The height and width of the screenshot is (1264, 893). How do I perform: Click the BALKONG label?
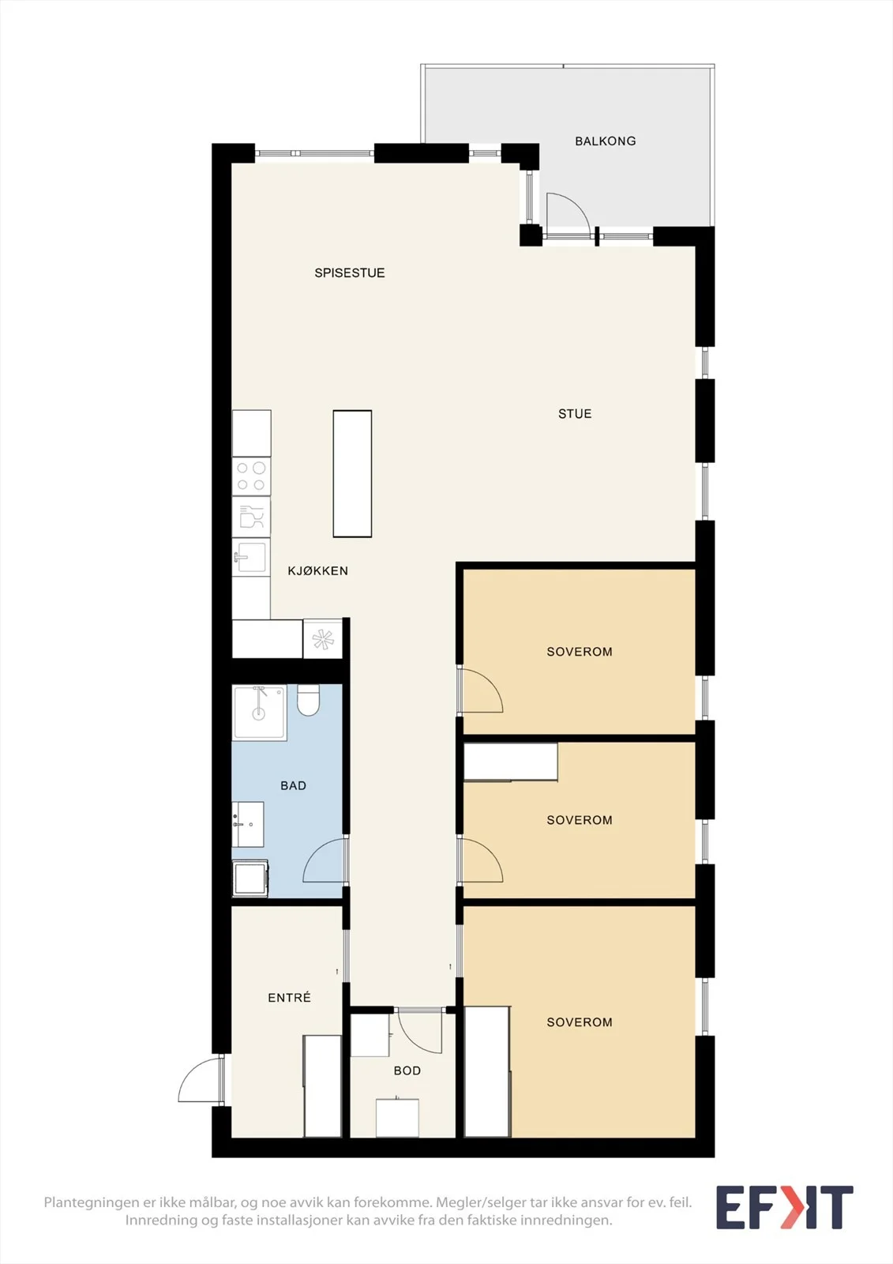(x=606, y=141)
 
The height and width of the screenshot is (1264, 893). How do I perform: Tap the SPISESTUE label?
(x=350, y=273)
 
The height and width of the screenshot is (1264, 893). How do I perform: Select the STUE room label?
(x=575, y=414)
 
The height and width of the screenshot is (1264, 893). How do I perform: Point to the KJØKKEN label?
(x=317, y=570)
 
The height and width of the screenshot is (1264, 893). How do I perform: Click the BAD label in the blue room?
(x=294, y=785)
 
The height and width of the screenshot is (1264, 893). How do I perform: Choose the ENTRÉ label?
(x=290, y=998)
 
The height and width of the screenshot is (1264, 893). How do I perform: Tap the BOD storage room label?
(x=407, y=1070)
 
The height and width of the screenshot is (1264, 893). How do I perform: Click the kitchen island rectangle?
(x=353, y=473)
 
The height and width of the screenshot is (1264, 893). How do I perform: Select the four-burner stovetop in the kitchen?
(x=251, y=476)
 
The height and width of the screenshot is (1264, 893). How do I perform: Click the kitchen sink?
(x=250, y=557)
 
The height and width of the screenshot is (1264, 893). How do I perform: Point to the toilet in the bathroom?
(x=308, y=700)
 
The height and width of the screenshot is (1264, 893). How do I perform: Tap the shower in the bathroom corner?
(x=260, y=713)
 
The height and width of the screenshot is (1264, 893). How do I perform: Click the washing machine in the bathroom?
(x=250, y=878)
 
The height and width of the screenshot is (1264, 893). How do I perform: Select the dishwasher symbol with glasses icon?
(x=251, y=517)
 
